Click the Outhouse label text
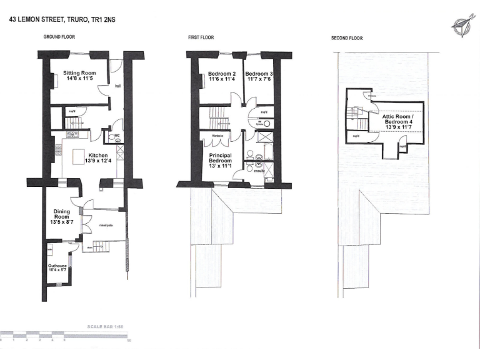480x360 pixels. (x=57, y=265)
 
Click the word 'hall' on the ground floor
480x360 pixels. (x=117, y=87)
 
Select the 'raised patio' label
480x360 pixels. (x=105, y=226)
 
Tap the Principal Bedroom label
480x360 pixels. (x=220, y=159)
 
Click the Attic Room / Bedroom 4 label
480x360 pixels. (x=398, y=119)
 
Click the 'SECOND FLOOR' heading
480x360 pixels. (x=347, y=38)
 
